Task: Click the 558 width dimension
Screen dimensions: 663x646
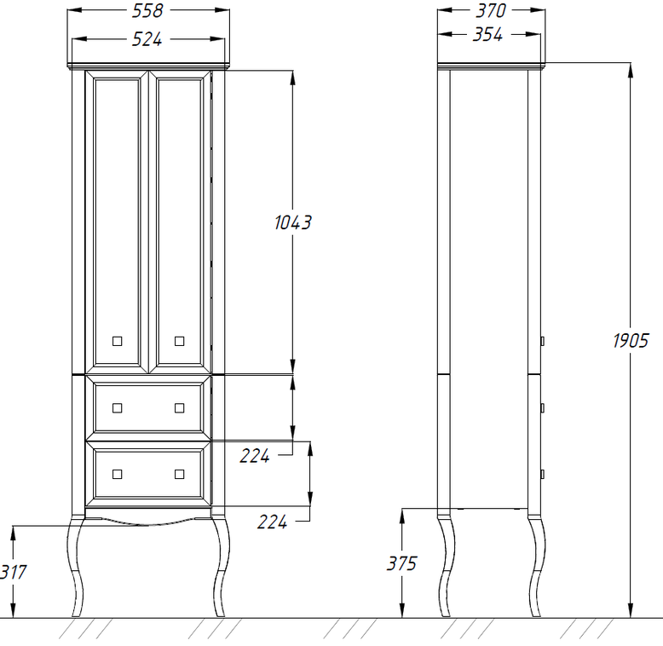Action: (x=147, y=11)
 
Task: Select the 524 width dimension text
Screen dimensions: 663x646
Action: (x=147, y=39)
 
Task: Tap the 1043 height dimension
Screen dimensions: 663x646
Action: (x=292, y=222)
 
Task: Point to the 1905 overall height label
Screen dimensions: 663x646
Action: (x=631, y=340)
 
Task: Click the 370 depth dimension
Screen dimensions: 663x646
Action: (x=491, y=11)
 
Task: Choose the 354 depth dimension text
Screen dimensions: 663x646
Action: (x=487, y=35)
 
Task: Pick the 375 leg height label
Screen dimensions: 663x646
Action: (x=401, y=563)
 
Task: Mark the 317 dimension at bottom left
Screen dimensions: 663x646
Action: (x=13, y=572)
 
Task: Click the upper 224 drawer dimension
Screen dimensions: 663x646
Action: (x=255, y=456)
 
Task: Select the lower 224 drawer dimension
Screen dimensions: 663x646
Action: (x=273, y=522)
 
